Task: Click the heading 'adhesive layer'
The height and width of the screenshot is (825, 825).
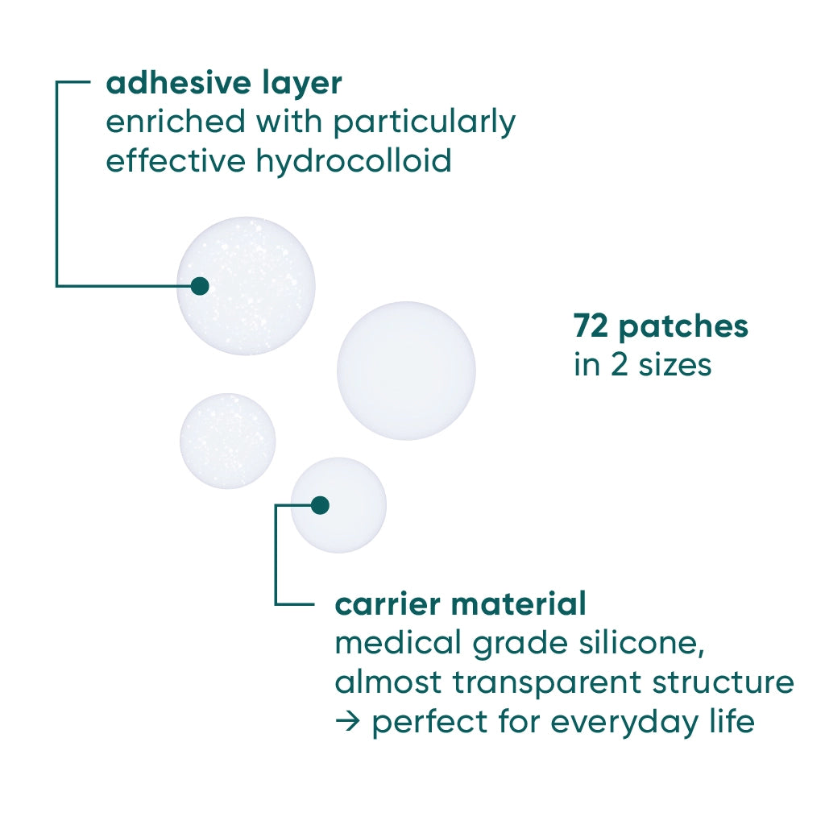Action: point(224,83)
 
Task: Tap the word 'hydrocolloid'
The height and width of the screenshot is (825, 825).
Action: point(354,161)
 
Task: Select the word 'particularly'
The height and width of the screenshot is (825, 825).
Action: point(425,122)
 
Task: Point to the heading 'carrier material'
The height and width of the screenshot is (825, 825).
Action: point(460,603)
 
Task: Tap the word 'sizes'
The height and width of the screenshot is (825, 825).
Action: point(676,365)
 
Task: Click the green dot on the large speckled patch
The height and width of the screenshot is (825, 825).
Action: point(200,286)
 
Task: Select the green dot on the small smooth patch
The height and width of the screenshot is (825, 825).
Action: point(320,505)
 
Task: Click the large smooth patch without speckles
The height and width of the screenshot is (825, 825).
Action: point(406,371)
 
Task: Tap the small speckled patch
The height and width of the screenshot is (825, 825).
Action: point(227,441)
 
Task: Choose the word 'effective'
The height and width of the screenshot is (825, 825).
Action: point(176,161)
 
